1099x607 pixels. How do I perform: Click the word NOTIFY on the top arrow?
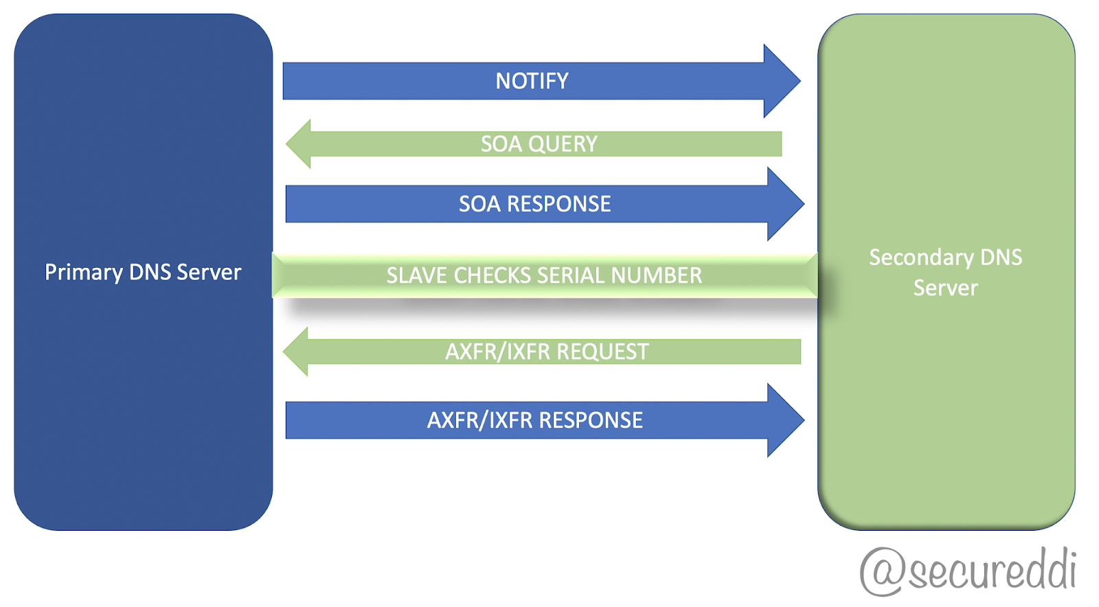pyautogui.click(x=532, y=81)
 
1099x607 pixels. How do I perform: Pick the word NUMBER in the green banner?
pyautogui.click(x=657, y=275)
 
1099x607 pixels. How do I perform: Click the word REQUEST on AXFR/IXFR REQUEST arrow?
pyautogui.click(x=602, y=352)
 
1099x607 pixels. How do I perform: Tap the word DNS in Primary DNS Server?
pyautogui.click(x=150, y=272)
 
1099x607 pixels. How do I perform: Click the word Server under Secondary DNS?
pyautogui.click(x=945, y=288)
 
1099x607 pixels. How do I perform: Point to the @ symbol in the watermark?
pyautogui.click(x=883, y=571)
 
